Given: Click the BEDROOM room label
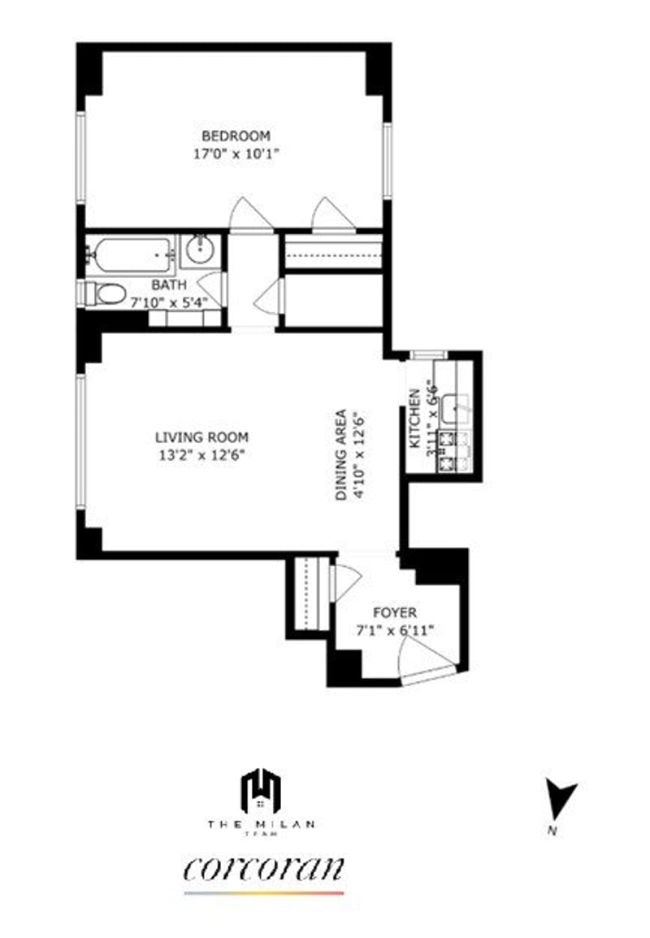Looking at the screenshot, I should click(236, 136).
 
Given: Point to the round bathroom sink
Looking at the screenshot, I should click(198, 250).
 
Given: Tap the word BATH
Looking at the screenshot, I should click(169, 285).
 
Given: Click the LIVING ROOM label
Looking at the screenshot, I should click(201, 437).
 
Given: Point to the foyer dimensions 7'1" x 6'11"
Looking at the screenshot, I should click(396, 629).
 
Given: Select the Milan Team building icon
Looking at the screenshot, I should click(260, 789).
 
